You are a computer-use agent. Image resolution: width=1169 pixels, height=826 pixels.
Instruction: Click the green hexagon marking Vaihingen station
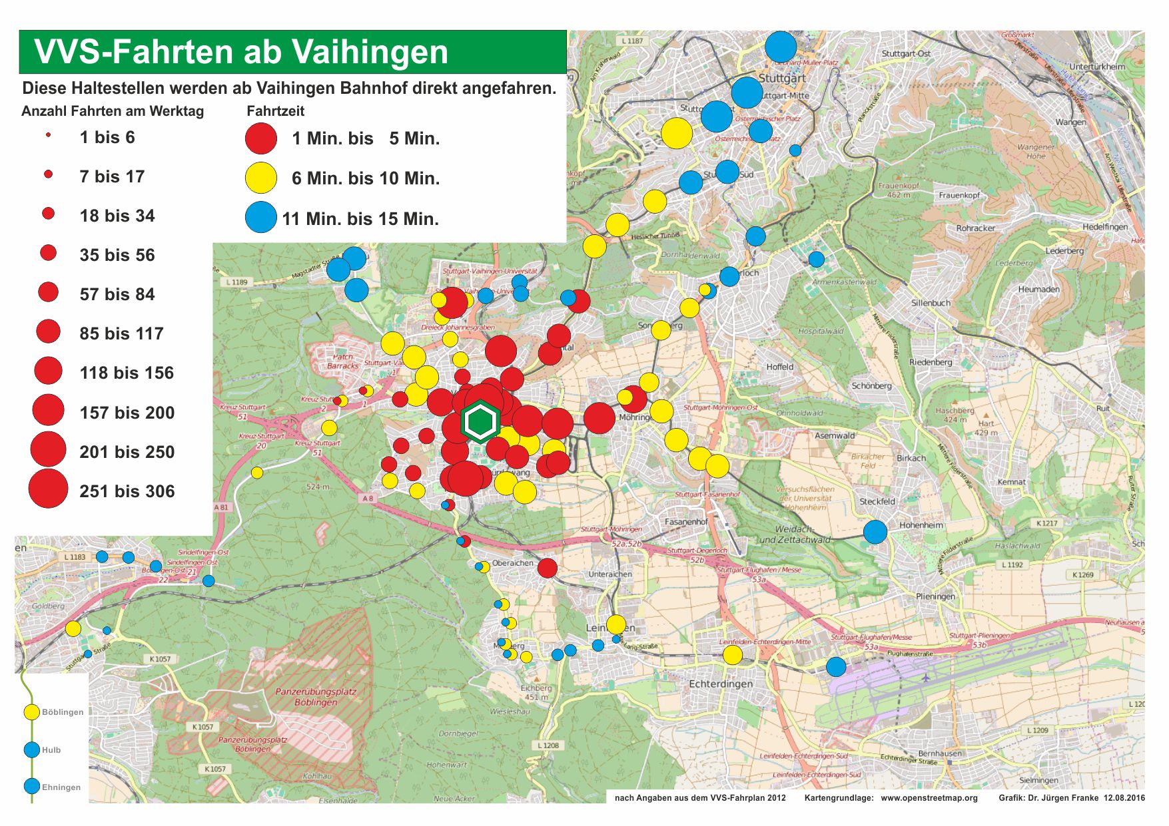(x=480, y=422)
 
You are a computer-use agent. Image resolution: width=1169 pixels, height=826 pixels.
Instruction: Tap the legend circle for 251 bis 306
(x=48, y=489)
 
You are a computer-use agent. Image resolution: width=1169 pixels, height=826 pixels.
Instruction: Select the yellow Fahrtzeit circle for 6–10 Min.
(x=261, y=178)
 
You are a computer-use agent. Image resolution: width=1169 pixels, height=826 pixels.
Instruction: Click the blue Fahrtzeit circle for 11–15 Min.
(x=261, y=217)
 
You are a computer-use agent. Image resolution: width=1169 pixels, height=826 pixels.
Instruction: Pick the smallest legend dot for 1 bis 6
(x=48, y=135)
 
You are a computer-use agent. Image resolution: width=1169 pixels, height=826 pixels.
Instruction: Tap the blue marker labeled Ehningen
(x=31, y=786)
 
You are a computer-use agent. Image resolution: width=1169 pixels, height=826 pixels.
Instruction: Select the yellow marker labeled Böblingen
(x=31, y=712)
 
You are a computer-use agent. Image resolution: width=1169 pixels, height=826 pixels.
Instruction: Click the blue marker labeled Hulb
(x=31, y=749)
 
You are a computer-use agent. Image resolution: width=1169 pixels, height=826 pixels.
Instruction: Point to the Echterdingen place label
(x=721, y=684)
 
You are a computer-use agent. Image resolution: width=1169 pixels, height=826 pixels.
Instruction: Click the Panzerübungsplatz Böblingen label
(x=316, y=697)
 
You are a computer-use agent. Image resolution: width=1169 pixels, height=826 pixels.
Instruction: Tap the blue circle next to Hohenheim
(x=875, y=532)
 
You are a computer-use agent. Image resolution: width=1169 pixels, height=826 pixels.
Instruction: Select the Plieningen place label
(x=935, y=596)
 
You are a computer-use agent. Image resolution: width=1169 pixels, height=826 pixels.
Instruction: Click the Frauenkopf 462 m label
(x=899, y=190)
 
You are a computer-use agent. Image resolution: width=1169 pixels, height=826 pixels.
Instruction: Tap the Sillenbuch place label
(x=931, y=303)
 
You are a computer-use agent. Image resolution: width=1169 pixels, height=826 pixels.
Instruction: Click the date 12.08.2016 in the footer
(x=1124, y=798)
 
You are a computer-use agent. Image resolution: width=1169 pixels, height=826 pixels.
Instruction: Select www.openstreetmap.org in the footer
(x=929, y=798)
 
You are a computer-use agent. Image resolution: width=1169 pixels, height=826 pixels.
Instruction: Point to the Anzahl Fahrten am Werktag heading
(x=113, y=111)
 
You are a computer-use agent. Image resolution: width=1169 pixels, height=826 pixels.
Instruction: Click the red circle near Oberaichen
(x=547, y=568)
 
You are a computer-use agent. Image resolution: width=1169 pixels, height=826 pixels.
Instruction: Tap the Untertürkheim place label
(x=1096, y=67)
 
